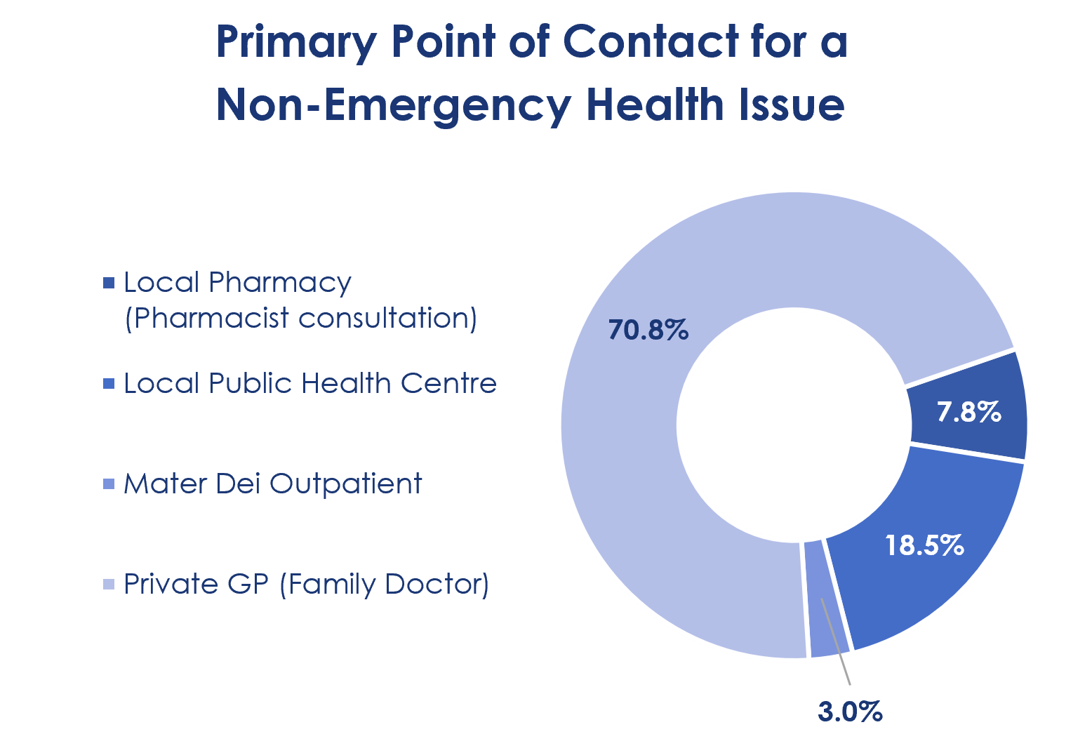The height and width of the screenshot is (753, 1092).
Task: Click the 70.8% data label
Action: point(648,330)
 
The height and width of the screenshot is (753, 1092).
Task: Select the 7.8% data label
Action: point(968,412)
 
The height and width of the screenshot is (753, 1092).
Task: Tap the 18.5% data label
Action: point(924,545)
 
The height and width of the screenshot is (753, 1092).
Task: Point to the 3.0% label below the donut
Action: point(850,712)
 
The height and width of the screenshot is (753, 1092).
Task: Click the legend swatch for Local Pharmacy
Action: point(109,283)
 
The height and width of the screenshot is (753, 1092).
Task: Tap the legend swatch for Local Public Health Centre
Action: point(109,384)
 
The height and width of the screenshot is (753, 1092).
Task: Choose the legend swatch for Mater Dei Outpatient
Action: point(109,484)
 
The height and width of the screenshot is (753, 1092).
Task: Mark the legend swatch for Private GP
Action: point(109,584)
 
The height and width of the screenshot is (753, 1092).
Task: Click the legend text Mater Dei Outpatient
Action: point(272,484)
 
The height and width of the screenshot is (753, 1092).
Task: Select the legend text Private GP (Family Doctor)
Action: point(306,584)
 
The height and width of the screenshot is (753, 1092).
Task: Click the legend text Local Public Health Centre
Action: point(310,383)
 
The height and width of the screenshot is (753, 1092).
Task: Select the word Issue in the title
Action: point(791,104)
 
